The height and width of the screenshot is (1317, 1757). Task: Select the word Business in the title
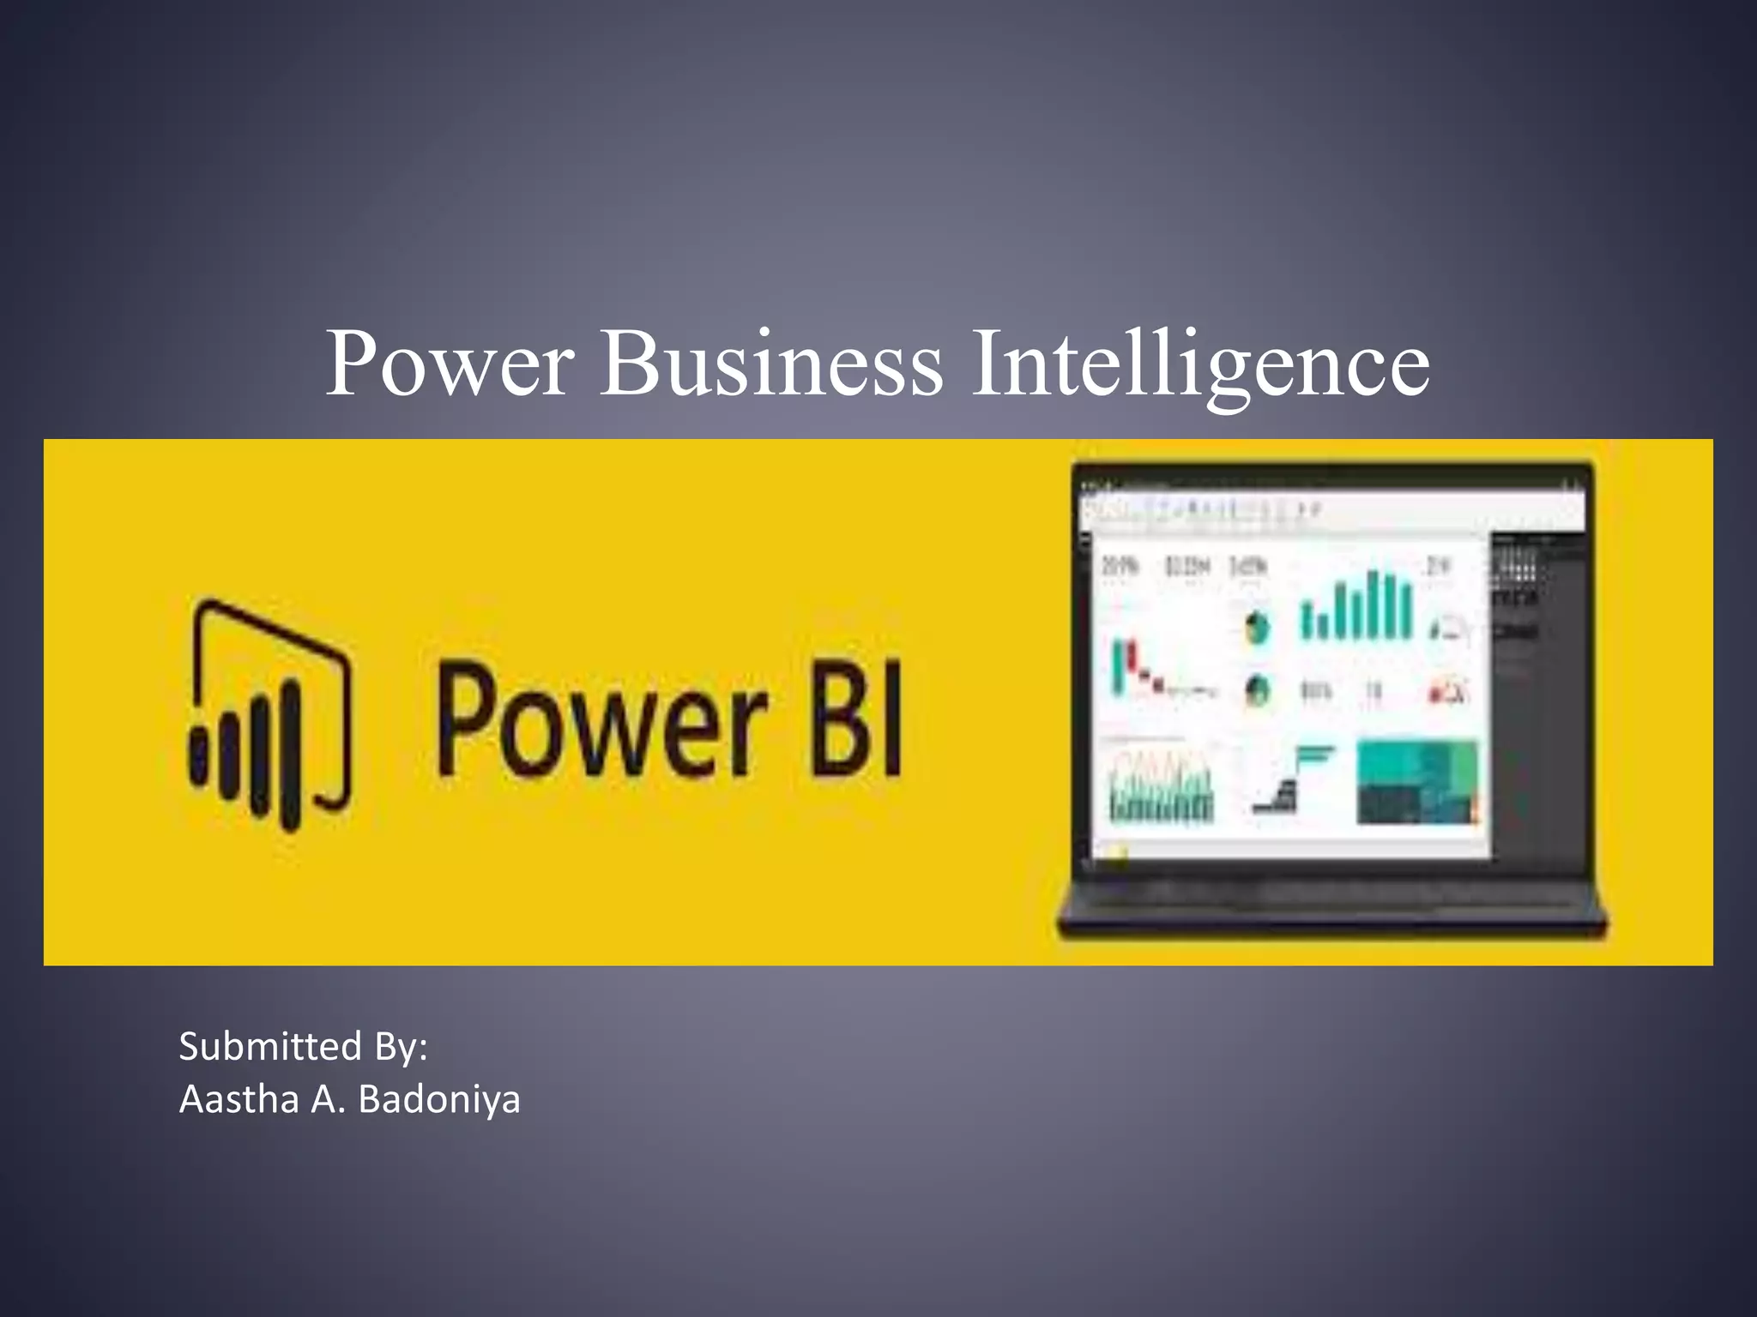pos(770,364)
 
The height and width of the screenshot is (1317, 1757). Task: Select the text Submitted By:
pos(303,1047)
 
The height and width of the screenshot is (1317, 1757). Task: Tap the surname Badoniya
pos(438,1100)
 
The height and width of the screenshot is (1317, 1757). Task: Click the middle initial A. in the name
pos(328,1100)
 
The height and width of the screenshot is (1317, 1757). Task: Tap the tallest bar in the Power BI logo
pos(292,755)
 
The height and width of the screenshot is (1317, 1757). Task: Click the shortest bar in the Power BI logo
pos(199,757)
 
